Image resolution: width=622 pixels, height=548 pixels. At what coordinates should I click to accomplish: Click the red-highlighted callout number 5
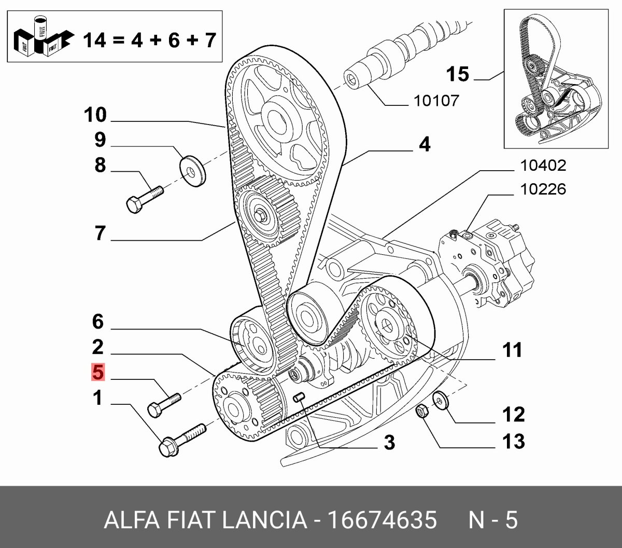(98, 372)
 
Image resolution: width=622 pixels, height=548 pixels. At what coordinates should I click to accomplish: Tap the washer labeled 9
(192, 170)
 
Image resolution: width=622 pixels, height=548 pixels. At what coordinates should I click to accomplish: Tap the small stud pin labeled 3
(299, 398)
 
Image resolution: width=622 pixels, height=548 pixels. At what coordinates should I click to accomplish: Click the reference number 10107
(436, 100)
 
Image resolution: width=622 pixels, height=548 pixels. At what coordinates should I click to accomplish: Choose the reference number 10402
(543, 166)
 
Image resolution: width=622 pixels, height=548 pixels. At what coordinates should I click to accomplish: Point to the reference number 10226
(543, 189)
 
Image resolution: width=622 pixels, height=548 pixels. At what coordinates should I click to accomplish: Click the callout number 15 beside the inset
(458, 74)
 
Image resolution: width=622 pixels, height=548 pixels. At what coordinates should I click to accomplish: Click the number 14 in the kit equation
(94, 39)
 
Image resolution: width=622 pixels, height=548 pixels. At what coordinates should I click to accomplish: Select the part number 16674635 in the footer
(381, 520)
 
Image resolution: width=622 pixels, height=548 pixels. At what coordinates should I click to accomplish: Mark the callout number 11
(512, 350)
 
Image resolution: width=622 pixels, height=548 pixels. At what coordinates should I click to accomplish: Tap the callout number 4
(425, 144)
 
